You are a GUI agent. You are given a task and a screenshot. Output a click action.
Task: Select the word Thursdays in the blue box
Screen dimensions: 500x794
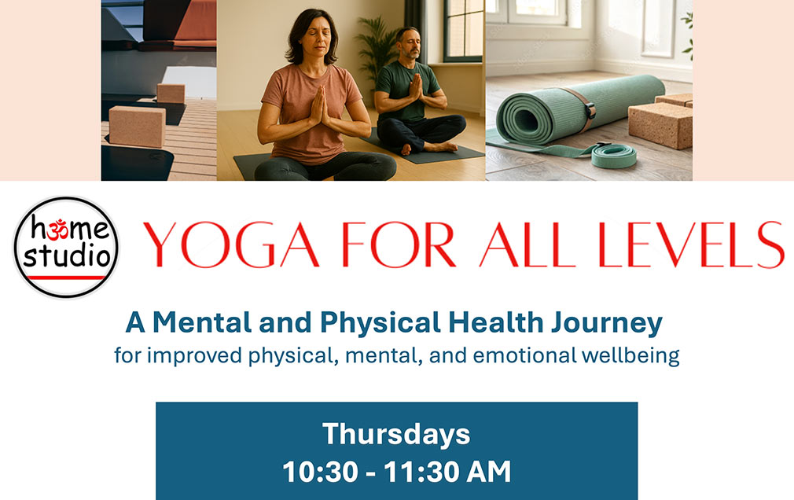[x=396, y=434]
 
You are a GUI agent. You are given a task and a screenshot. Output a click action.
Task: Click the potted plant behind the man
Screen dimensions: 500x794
[x=374, y=47]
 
